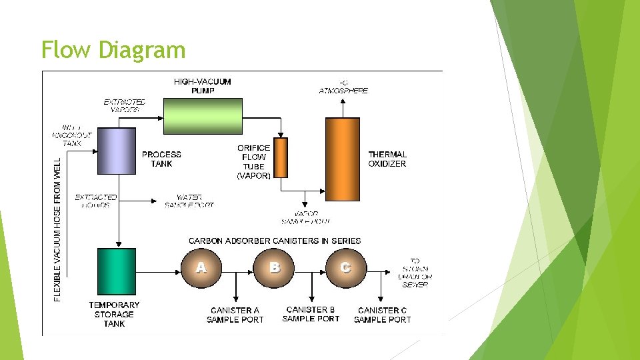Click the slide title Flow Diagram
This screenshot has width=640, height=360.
(113, 50)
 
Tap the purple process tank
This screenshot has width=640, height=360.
(117, 151)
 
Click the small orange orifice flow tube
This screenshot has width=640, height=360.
(281, 158)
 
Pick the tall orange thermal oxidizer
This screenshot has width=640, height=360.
(342, 158)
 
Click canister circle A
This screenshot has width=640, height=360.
(201, 268)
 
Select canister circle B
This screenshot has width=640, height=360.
(274, 268)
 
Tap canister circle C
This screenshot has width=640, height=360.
(345, 268)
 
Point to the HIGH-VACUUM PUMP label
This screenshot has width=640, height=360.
(203, 86)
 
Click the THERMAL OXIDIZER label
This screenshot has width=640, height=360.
(387, 159)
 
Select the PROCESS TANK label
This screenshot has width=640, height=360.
(161, 159)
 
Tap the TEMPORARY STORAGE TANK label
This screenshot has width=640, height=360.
(114, 314)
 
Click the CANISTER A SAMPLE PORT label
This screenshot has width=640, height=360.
(235, 315)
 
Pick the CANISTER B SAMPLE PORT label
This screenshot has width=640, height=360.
(311, 314)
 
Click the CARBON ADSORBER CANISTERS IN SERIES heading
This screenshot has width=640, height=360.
(275, 241)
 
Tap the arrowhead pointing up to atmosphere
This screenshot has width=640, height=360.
(343, 101)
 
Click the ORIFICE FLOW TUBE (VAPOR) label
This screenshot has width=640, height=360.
(254, 162)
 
